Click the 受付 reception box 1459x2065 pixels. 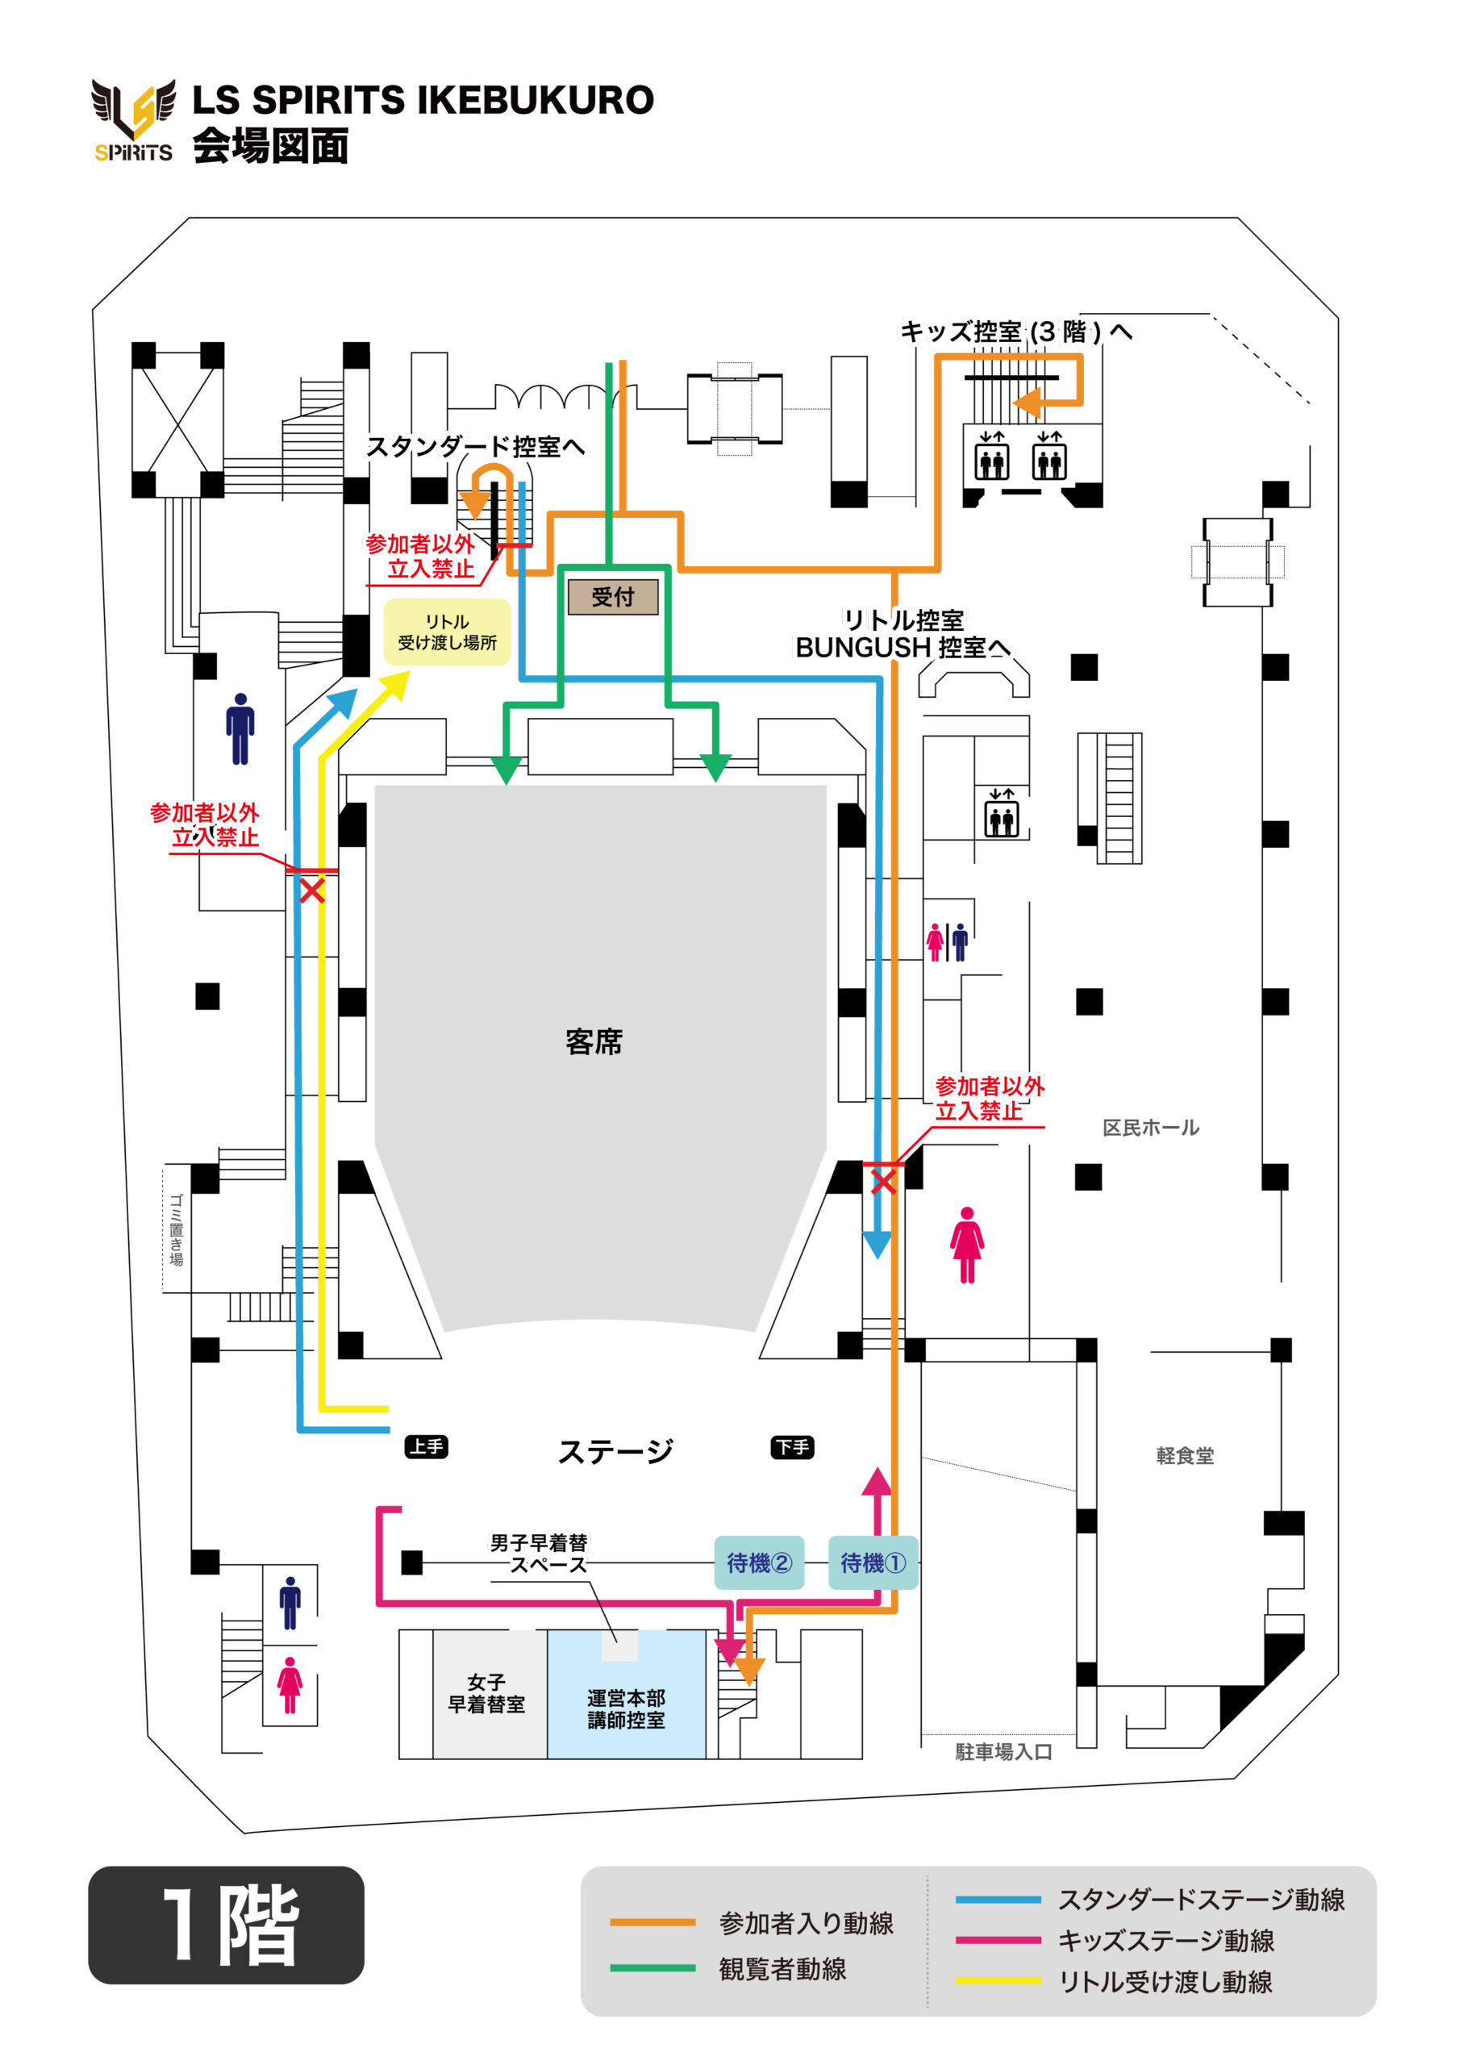tap(613, 596)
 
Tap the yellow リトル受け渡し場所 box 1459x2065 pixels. tap(447, 632)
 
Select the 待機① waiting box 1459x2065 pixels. tap(873, 1562)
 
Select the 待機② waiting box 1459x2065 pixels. tap(759, 1562)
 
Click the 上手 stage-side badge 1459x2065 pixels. tap(427, 1446)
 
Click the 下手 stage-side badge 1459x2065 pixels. tap(793, 1447)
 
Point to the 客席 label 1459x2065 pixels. tap(594, 1041)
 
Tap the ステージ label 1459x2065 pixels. tap(615, 1450)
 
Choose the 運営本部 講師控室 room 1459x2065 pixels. tap(626, 1708)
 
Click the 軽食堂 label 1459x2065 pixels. tap(1185, 1454)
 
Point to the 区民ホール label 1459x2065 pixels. tap(1150, 1127)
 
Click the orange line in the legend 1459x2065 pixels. tap(652, 1922)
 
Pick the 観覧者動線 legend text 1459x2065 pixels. tap(782, 1969)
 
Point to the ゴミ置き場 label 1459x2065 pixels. tap(177, 1229)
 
